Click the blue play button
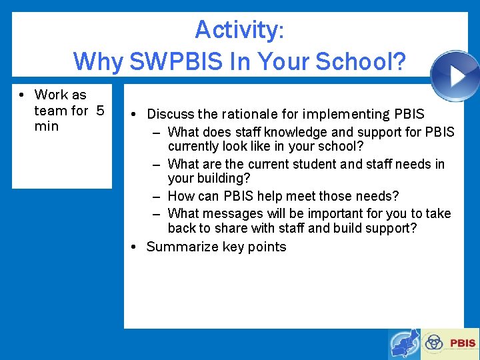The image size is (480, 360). click(x=456, y=75)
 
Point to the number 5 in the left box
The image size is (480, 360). click(x=100, y=111)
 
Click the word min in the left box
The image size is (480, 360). click(x=47, y=127)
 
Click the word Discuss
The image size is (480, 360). click(x=170, y=114)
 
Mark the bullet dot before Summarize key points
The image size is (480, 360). click(x=133, y=247)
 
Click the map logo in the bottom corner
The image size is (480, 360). click(x=405, y=344)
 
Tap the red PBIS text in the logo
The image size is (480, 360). click(x=463, y=343)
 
